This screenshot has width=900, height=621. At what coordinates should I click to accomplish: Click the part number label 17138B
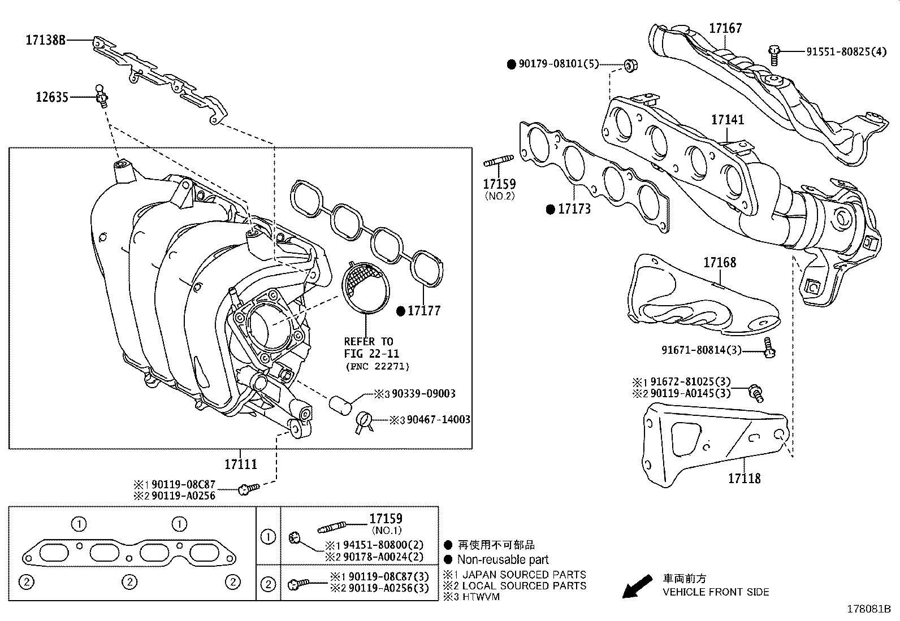(45, 40)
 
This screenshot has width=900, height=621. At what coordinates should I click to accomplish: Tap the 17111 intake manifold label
(241, 464)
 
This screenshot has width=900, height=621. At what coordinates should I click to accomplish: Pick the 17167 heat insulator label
(726, 28)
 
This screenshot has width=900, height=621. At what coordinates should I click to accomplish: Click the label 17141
(728, 120)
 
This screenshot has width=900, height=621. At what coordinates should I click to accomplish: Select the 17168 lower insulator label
(720, 262)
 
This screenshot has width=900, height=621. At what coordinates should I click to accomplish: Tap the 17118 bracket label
(744, 479)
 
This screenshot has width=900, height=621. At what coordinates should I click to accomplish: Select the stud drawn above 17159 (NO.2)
(499, 163)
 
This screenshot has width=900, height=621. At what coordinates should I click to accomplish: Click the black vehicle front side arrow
(637, 587)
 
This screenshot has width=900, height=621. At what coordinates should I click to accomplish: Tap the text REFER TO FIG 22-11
(371, 348)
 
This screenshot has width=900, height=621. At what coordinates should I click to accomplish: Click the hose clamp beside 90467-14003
(364, 422)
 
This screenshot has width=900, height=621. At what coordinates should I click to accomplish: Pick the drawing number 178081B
(868, 610)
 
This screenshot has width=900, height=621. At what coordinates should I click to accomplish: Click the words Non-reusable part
(503, 560)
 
